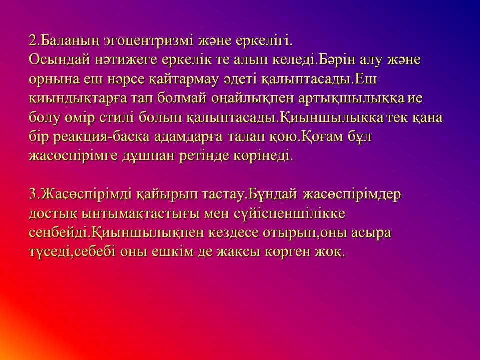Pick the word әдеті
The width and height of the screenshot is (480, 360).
[x=240, y=79]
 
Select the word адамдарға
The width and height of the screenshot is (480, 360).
[x=189, y=137]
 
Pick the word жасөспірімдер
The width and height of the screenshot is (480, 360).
[x=351, y=195]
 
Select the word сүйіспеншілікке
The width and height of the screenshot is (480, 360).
[x=289, y=214]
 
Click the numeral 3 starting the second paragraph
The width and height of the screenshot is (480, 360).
[x=33, y=195]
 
